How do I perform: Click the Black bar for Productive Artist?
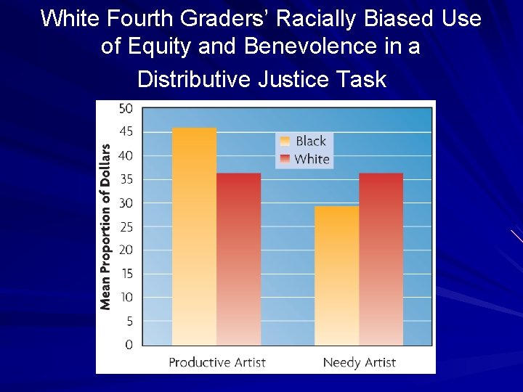[x=194, y=236]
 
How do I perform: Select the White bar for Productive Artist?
[x=238, y=258]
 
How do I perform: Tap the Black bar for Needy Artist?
[x=336, y=275]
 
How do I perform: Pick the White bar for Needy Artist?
[x=381, y=258]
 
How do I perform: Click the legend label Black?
[x=311, y=141]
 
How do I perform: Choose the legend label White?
[x=312, y=159]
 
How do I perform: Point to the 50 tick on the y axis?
[x=126, y=109]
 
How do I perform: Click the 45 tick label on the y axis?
[x=126, y=132]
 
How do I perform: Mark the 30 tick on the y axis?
[x=126, y=203]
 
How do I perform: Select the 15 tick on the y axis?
[x=126, y=274]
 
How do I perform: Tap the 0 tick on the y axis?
[x=129, y=344]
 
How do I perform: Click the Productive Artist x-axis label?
[x=216, y=362]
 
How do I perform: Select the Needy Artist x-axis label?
[x=359, y=362]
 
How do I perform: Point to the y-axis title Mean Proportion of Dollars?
[x=106, y=226]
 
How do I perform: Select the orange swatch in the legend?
[x=285, y=141]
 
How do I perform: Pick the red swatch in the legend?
[x=285, y=159]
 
